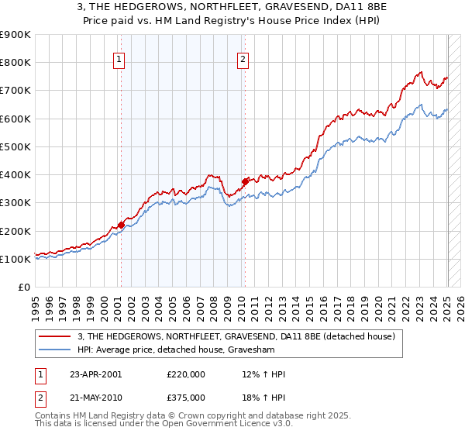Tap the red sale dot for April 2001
pyautogui.click(x=121, y=225)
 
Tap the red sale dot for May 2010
pyautogui.click(x=245, y=181)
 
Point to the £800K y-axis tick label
pyautogui.click(x=15, y=63)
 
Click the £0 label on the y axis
pyautogui.click(x=23, y=288)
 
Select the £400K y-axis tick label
pyautogui.click(x=15, y=175)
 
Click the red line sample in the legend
pyautogui.click(x=56, y=336)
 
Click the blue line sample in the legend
pyautogui.click(x=56, y=350)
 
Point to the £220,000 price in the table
pyautogui.click(x=186, y=374)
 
